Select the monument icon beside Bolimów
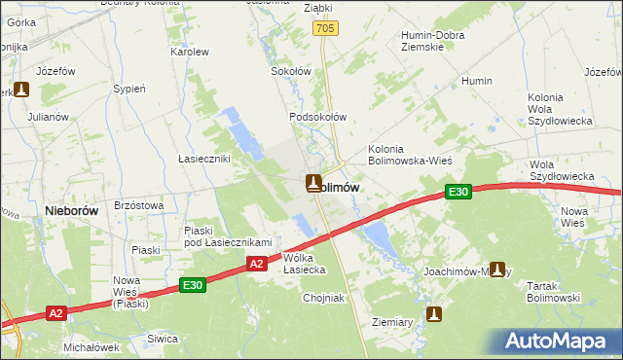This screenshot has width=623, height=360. [313, 182]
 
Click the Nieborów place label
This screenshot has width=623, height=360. [68, 209]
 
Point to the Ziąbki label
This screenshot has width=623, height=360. [290, 7]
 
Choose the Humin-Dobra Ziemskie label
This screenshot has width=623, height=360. [437, 41]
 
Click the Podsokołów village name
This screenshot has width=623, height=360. [317, 117]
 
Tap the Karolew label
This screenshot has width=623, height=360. [190, 52]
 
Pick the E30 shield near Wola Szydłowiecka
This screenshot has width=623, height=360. [459, 193]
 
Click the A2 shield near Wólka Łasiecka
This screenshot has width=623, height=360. [256, 263]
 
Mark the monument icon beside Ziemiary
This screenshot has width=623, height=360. [435, 314]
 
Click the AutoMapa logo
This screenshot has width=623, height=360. [558, 341]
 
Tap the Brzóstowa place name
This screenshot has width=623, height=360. [138, 205]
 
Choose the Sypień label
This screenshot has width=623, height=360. [129, 89]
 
